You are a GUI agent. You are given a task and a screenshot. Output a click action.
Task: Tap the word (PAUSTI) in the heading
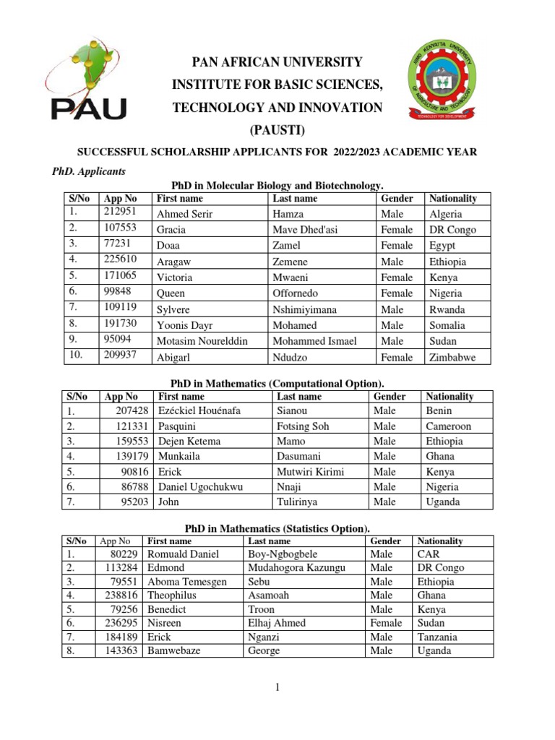[x=277, y=130]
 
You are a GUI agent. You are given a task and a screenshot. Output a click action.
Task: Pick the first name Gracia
[x=171, y=230]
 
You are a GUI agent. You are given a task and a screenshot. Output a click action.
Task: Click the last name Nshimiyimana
[x=304, y=309]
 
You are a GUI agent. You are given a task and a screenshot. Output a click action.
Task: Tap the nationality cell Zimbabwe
[x=452, y=357]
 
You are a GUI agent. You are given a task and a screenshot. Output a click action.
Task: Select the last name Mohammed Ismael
[x=314, y=341]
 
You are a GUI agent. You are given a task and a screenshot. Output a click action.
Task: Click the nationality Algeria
[x=446, y=214]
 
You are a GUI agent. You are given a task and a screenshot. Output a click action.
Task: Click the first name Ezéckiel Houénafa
[x=199, y=410]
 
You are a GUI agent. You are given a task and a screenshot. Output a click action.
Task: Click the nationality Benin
[x=439, y=410]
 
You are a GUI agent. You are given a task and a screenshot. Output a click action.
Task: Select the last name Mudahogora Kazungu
[x=296, y=568]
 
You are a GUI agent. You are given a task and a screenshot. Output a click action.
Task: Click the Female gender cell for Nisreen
[x=385, y=623]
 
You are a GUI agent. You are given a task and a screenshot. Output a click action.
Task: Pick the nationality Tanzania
[x=438, y=637]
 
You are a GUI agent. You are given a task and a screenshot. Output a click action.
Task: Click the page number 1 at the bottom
[x=277, y=687]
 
